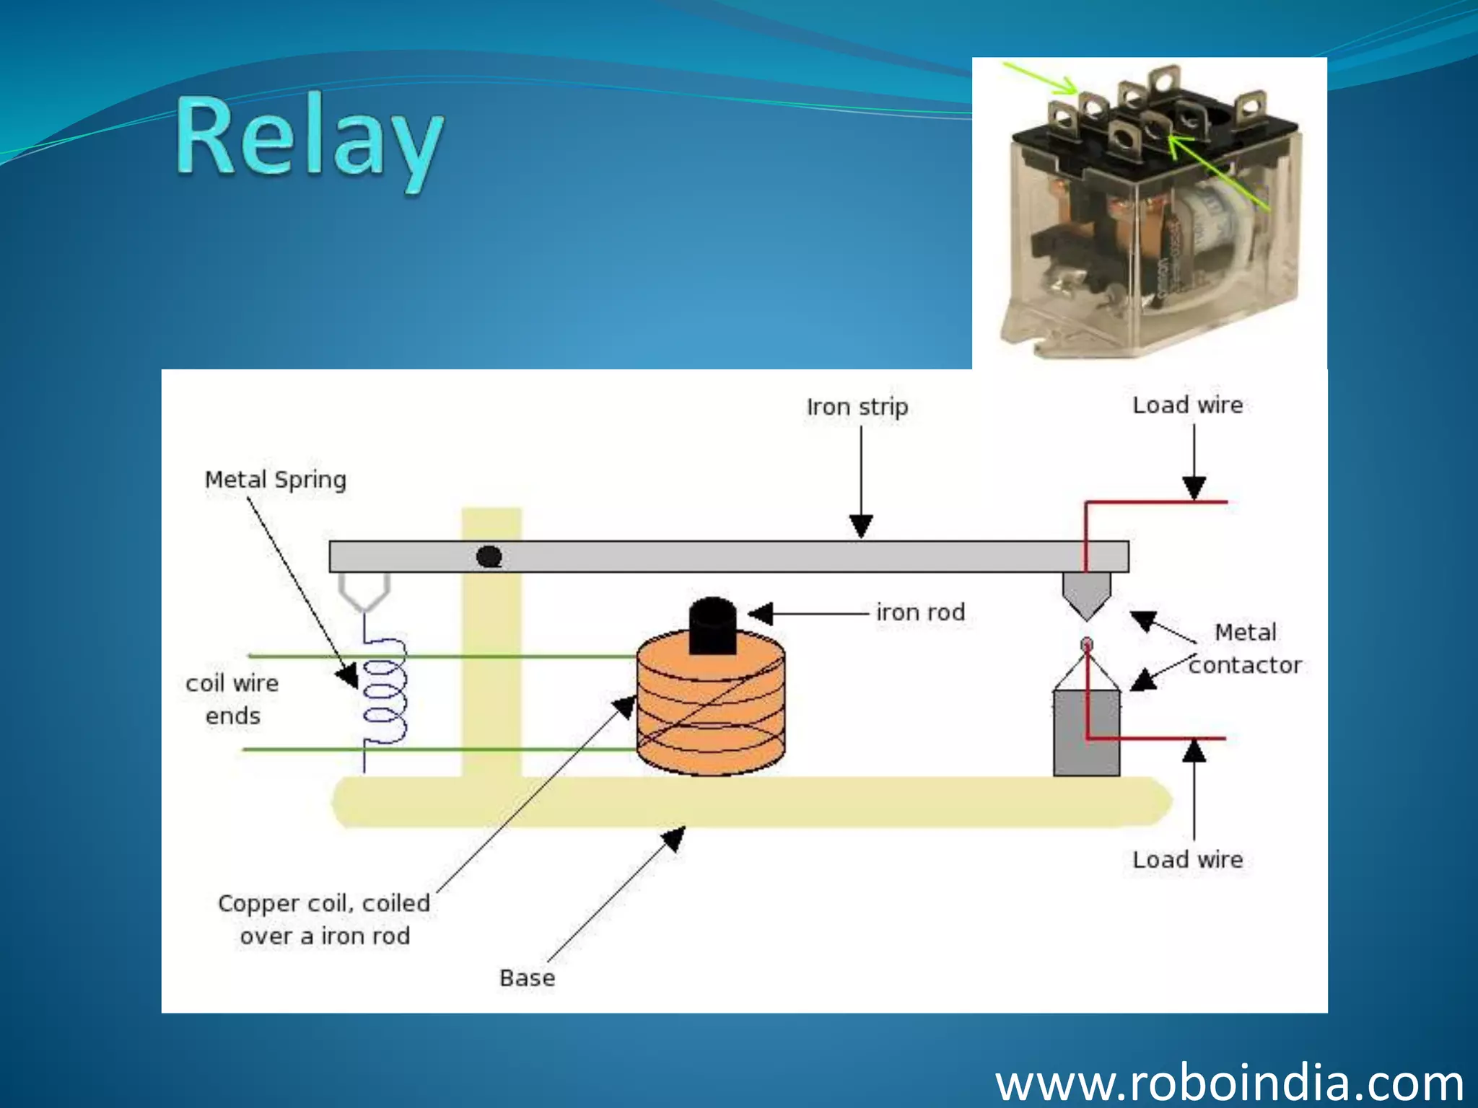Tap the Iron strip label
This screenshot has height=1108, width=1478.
pos(857,407)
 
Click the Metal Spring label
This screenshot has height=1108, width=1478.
pos(275,480)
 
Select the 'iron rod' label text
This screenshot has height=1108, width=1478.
pos(920,612)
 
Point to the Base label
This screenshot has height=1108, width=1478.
pos(527,978)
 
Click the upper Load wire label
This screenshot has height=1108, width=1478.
pos(1187,405)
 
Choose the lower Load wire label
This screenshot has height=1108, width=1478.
pos(1187,860)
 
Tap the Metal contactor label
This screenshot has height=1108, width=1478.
pos(1245,648)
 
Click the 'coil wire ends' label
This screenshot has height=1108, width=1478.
pos(232,699)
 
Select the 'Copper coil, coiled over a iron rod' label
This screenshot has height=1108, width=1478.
pos(324,919)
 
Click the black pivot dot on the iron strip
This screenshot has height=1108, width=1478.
pos(490,557)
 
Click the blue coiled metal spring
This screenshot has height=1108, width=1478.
pos(384,692)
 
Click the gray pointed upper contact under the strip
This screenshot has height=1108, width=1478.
pos(1086,594)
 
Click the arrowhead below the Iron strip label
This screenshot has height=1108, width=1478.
pos(860,526)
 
